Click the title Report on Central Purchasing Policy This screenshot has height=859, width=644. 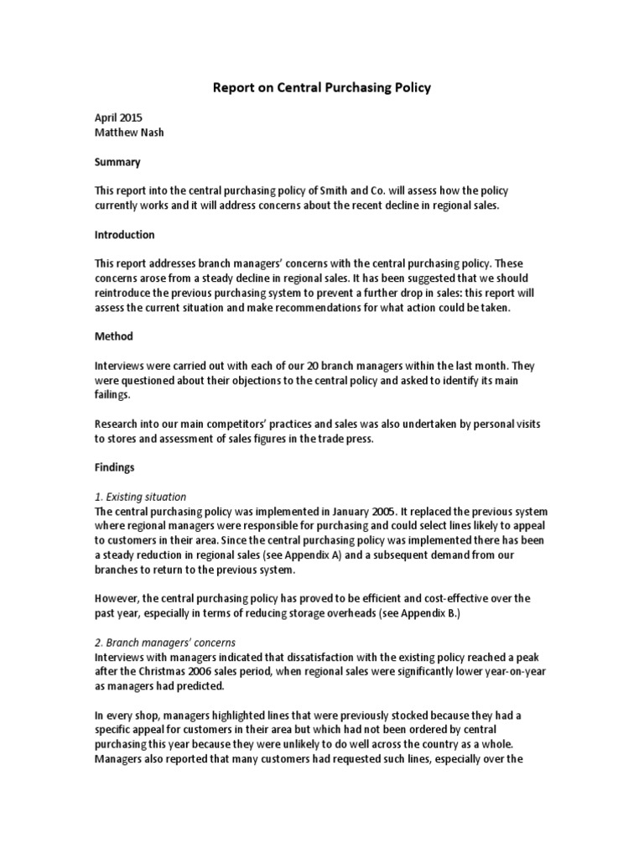point(322,87)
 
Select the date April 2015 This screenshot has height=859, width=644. point(118,119)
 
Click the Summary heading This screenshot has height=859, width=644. point(117,162)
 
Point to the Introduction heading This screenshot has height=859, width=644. point(125,235)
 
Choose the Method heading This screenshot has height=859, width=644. point(113,336)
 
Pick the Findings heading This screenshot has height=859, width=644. point(116,466)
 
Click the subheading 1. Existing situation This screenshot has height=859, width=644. point(140,497)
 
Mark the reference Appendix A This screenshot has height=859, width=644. point(318,554)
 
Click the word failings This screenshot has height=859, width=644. point(114,394)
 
